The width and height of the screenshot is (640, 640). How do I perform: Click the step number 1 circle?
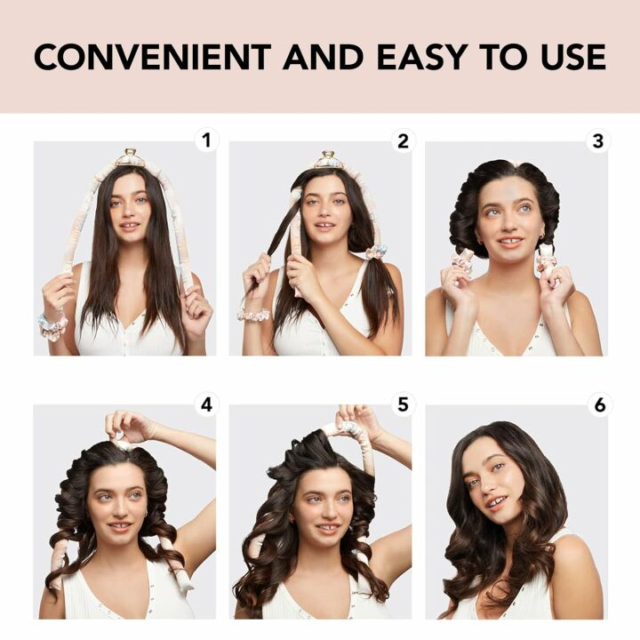(207, 140)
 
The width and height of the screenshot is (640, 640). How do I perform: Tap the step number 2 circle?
(403, 140)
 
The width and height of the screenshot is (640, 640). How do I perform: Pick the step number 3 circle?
(598, 140)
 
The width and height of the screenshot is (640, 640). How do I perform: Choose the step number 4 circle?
(207, 404)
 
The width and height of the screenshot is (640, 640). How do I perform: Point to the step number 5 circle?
(403, 404)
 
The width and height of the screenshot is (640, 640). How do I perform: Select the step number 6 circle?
(598, 404)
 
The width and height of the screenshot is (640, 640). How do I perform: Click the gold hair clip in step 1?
(130, 158)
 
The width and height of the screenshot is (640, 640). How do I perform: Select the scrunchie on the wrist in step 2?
(252, 314)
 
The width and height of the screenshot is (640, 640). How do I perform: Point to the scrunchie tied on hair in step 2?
(376, 252)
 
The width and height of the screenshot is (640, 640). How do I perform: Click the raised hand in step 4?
(127, 425)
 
